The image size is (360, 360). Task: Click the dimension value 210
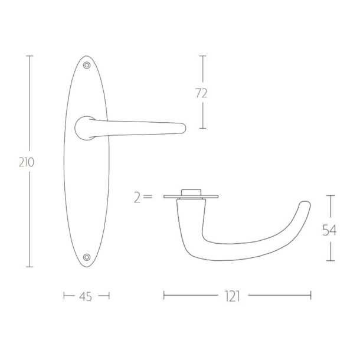(x=27, y=162)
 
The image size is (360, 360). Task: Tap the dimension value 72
(x=201, y=93)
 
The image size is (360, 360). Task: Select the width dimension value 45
(x=86, y=297)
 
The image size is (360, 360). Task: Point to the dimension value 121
(x=233, y=296)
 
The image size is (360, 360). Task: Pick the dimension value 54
(x=329, y=230)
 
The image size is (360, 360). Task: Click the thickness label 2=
(x=143, y=198)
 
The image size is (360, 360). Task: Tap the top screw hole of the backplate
(x=87, y=66)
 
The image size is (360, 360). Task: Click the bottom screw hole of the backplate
(x=87, y=257)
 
